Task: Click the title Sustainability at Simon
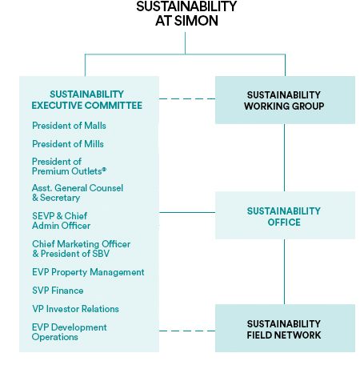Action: click(186, 14)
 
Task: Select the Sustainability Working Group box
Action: click(285, 100)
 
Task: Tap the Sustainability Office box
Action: click(285, 215)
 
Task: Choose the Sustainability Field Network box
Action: click(285, 328)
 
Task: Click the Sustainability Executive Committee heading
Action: click(87, 100)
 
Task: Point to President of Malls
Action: click(69, 126)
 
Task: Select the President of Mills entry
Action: click(68, 144)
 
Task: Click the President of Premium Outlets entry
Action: click(69, 166)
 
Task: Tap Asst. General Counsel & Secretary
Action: click(78, 193)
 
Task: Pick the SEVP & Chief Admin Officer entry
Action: click(61, 221)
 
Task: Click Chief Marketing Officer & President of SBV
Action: click(81, 249)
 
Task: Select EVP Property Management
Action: click(88, 272)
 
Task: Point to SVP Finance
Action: click(58, 291)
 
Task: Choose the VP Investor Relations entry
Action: click(75, 309)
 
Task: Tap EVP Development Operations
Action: click(69, 332)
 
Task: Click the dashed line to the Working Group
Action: click(187, 99)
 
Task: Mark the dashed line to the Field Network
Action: click(187, 331)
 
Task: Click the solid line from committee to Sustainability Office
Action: click(187, 213)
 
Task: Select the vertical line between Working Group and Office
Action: click(284, 158)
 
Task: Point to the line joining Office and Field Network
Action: click(284, 271)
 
